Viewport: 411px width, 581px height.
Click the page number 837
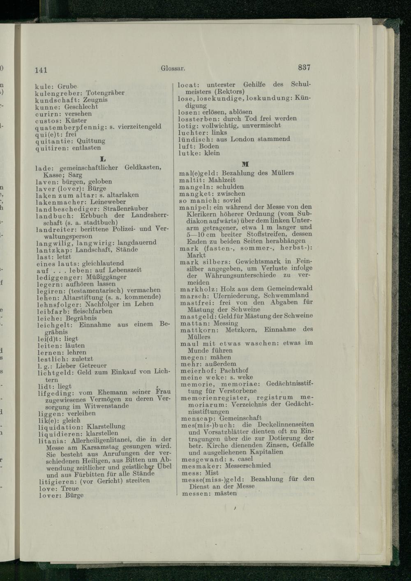pos(304,67)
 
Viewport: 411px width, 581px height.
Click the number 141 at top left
pos(41,70)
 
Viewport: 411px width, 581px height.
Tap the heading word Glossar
pos(173,68)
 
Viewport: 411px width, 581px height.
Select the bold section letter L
pos(103,159)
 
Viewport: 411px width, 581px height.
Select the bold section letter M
pos(245,164)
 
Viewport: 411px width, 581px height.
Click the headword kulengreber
pos(58,93)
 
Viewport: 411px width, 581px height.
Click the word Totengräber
pos(105,93)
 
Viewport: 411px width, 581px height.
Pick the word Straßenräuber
pos(125,208)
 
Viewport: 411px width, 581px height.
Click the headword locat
pos(188,85)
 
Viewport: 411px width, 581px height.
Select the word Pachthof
pos(234,371)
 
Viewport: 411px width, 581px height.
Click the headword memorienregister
pos(214,398)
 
